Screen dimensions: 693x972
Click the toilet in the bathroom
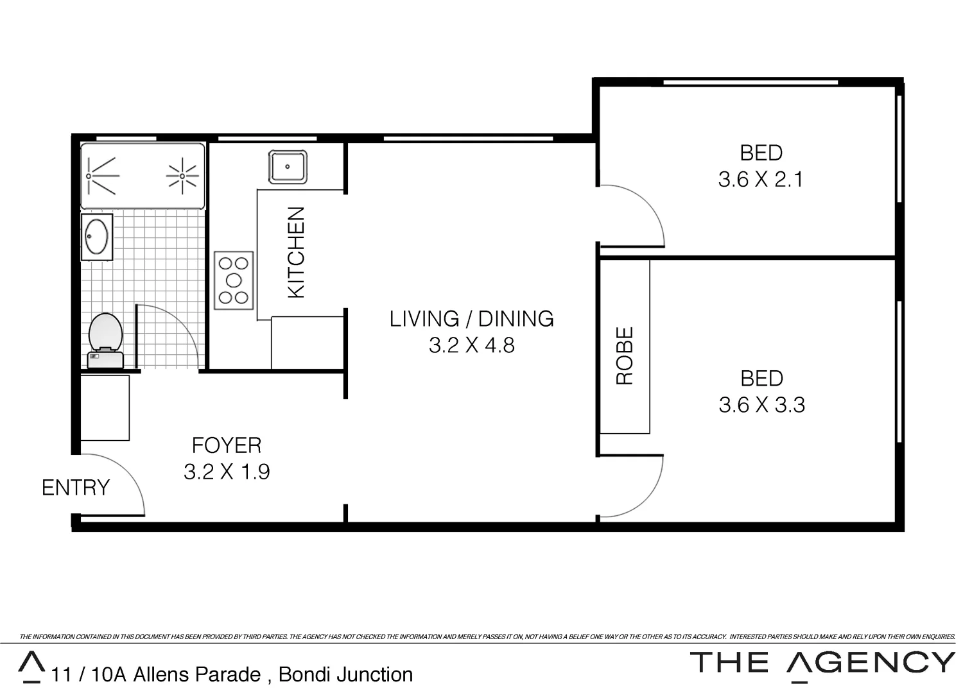point(105,340)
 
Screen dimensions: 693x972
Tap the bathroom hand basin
point(96,237)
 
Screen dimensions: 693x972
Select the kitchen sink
point(287,167)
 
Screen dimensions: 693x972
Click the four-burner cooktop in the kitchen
point(234,280)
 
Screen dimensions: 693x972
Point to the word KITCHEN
point(296,252)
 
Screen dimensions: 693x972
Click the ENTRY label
point(76,488)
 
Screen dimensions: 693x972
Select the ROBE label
point(625,355)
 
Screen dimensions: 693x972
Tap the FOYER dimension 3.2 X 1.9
point(227,472)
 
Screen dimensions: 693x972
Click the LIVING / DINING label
point(471,319)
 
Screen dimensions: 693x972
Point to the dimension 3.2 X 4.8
point(471,346)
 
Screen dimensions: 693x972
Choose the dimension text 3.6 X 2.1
point(761,180)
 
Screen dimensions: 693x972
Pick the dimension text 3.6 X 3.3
point(761,406)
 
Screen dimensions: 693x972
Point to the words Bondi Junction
point(345,675)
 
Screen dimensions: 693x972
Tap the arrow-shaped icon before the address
point(31,667)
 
